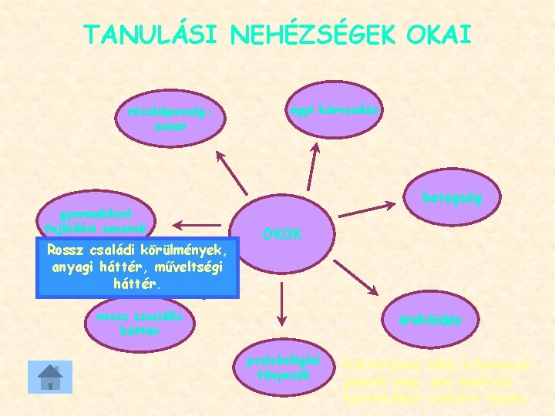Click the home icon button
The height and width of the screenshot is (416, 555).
[x=50, y=377]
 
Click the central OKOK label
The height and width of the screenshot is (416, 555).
[x=283, y=233]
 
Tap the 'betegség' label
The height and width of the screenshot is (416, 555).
[x=451, y=198]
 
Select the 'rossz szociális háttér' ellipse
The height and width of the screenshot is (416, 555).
[x=140, y=324]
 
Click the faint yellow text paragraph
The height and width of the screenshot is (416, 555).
[x=436, y=382]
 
